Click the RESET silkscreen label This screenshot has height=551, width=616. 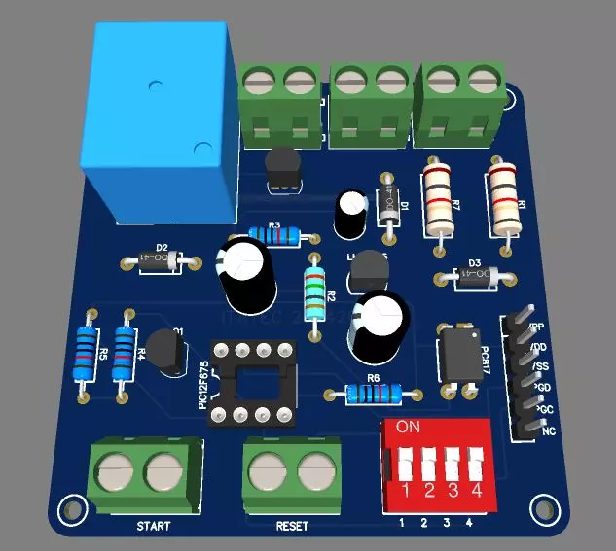click(x=292, y=526)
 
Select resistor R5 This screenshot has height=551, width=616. click(x=88, y=356)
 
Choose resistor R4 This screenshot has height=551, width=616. click(x=124, y=355)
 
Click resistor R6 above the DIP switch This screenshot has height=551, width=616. click(x=374, y=394)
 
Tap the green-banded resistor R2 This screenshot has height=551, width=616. click(x=313, y=293)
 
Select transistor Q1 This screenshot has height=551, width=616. click(x=167, y=354)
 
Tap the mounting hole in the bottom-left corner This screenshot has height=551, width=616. click(x=70, y=507)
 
